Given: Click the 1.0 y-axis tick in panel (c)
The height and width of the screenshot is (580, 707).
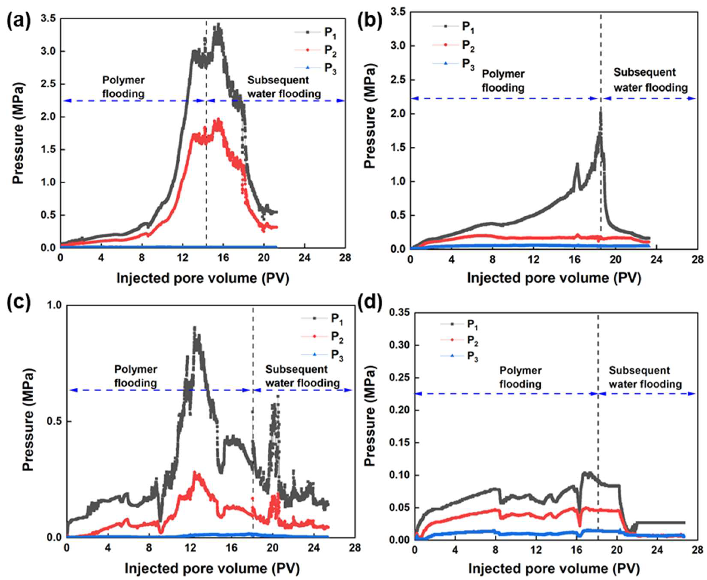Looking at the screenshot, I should point(55,305).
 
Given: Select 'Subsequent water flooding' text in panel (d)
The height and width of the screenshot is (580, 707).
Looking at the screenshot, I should point(645,377).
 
